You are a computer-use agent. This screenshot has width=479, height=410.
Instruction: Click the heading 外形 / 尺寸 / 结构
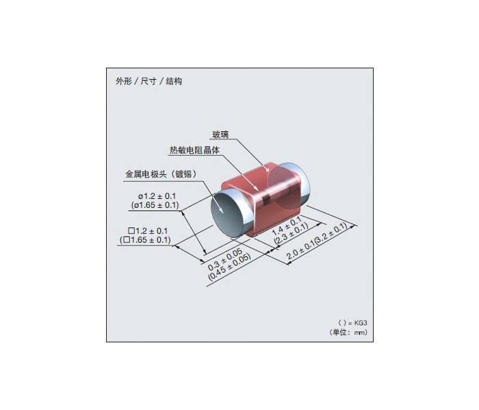click(148, 81)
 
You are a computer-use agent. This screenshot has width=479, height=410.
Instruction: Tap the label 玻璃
click(220, 135)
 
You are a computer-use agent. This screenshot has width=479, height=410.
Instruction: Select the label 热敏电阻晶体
click(194, 150)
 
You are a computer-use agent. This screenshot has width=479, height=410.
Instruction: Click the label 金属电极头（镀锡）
click(161, 174)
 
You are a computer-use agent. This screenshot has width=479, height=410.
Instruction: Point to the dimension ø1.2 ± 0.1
click(157, 196)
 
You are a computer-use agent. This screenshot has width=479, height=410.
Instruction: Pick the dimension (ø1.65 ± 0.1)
click(155, 205)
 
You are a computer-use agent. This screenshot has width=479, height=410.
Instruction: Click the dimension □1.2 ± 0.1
click(148, 231)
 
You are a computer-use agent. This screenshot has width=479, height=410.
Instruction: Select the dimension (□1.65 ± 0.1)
click(145, 240)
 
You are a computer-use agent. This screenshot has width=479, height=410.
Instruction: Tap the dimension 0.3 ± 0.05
click(225, 259)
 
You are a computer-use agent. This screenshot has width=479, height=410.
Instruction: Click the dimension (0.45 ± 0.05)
click(229, 267)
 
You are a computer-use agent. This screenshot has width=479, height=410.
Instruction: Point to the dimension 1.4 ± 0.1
click(287, 226)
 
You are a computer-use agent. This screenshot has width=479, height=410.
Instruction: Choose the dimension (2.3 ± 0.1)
click(291, 234)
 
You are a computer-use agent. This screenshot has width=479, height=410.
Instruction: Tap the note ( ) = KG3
click(352, 323)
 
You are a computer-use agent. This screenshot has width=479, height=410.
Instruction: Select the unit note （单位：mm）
click(348, 332)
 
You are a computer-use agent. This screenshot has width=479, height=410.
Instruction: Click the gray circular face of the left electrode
click(228, 215)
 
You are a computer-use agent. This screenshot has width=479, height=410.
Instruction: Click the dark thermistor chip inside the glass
click(267, 197)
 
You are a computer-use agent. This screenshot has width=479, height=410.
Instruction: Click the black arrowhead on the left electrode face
click(221, 209)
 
